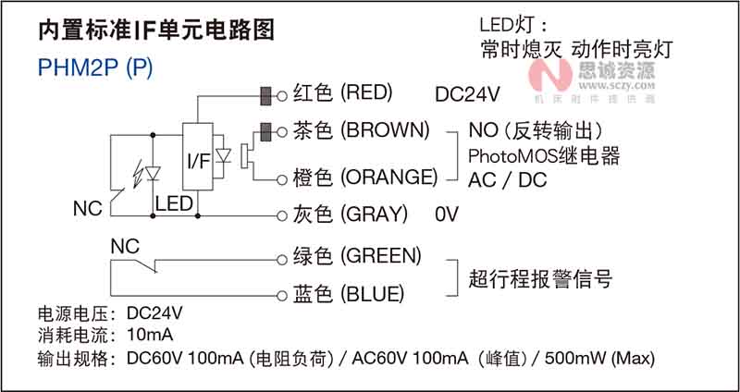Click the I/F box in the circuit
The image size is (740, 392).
tap(198, 159)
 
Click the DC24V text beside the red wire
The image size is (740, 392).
tap(466, 94)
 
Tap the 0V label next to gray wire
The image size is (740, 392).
tap(447, 214)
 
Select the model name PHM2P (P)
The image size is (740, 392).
tap(95, 68)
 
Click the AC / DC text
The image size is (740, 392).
tap(508, 179)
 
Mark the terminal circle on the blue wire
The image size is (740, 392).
tap(281, 294)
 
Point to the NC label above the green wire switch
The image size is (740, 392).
tap(124, 247)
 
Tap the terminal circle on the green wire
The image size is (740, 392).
tap(281, 255)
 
